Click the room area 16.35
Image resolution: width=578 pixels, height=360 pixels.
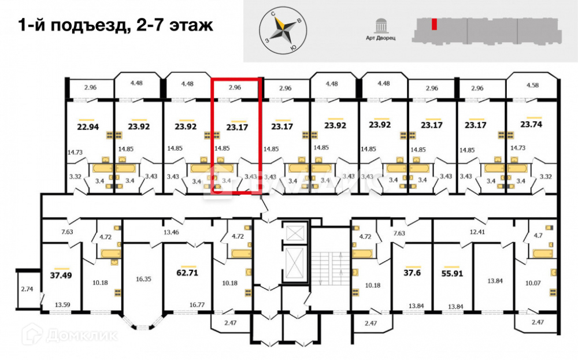click(144, 279)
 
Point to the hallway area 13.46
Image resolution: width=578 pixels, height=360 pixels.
click(171, 232)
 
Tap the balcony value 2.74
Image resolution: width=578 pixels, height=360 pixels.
click(27, 288)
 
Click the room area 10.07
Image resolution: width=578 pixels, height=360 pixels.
click(533, 283)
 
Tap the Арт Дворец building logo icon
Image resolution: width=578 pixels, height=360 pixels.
click(381, 26)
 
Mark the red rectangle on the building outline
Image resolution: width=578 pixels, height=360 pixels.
click(433, 25)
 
